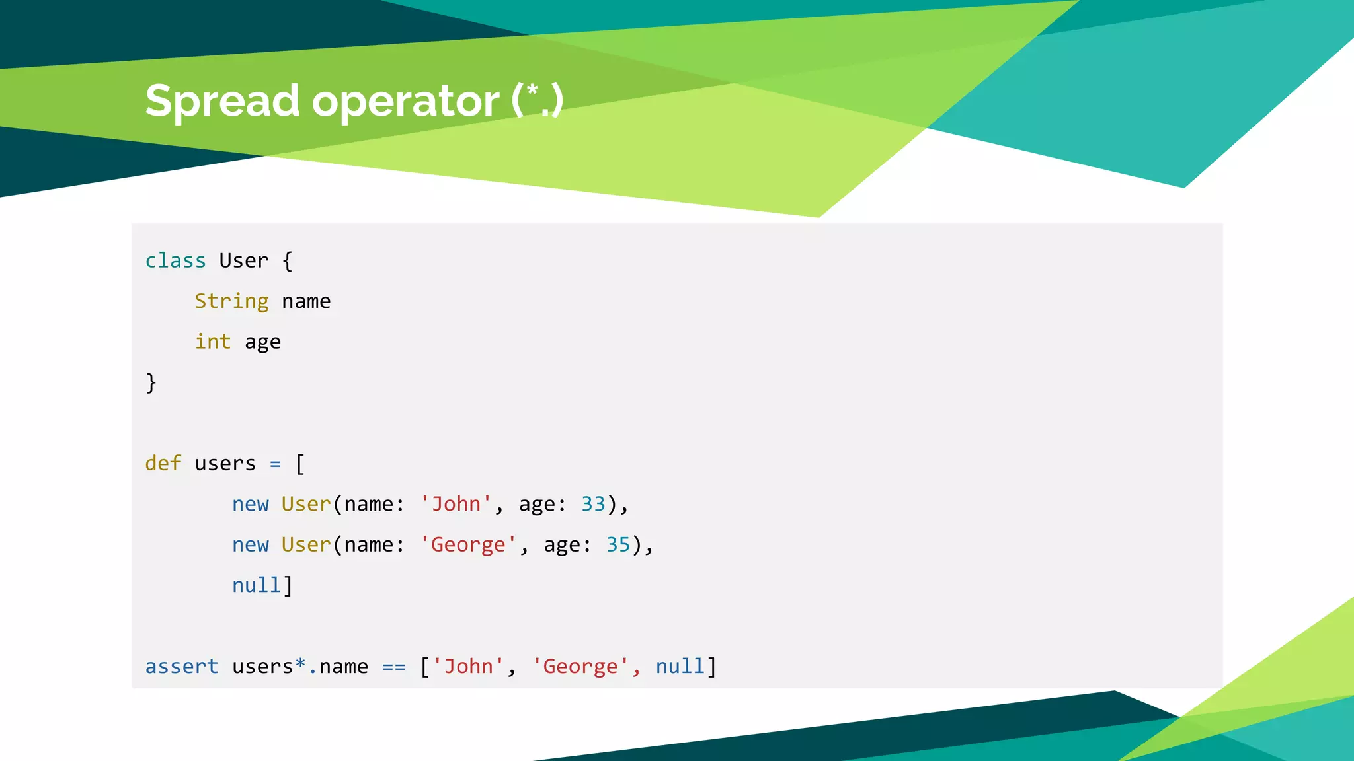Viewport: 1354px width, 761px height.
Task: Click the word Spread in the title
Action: [222, 102]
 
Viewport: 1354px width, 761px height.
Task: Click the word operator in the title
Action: [405, 102]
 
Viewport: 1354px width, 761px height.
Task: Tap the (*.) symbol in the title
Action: [537, 100]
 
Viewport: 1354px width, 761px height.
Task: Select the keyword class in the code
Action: [175, 261]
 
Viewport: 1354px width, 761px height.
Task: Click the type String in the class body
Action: [231, 301]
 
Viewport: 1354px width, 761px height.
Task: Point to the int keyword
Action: [213, 342]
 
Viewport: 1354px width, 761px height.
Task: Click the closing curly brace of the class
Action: [151, 382]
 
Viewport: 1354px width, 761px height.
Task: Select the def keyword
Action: [163, 463]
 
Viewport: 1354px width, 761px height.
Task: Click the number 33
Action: [593, 504]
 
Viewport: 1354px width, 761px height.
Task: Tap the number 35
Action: [618, 544]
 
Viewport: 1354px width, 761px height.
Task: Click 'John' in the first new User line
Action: [456, 504]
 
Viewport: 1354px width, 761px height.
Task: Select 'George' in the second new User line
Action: [468, 545]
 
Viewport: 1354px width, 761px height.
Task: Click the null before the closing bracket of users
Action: [257, 585]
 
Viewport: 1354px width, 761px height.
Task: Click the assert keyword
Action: [182, 667]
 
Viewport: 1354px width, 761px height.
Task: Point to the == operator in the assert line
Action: [394, 667]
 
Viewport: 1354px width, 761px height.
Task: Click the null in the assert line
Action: [680, 667]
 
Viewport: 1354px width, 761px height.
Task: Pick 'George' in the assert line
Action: [580, 667]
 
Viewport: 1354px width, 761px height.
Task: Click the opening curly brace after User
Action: [287, 261]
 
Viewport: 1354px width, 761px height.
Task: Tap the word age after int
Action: [262, 342]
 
